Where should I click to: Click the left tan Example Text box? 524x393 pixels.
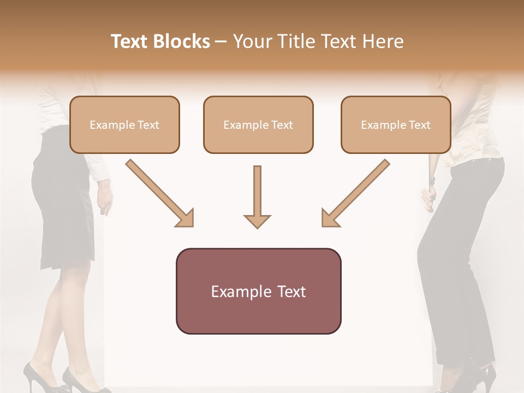point(124,124)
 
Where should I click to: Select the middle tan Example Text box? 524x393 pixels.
point(258,124)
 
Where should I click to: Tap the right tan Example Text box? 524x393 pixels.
point(396,124)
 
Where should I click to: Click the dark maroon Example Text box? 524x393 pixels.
point(258,291)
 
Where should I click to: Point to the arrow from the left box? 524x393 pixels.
point(159,193)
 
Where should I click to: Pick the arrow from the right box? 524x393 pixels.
point(355,193)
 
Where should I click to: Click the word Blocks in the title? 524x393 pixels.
point(181,41)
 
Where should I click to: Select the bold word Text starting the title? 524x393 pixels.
point(129,41)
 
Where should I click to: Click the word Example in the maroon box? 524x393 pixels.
point(236,291)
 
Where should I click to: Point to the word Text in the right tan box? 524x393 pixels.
point(419,125)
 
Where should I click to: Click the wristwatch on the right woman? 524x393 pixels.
point(432,178)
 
